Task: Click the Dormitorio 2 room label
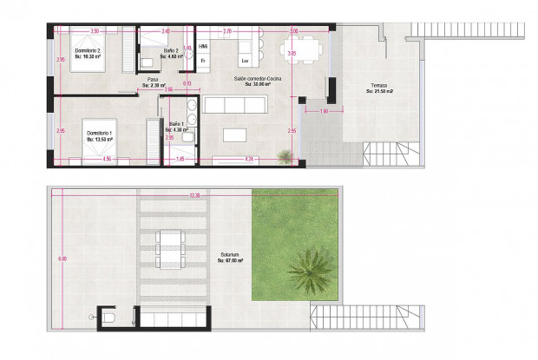coord(88,51)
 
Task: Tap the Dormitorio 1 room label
coord(98,133)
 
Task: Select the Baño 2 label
coord(171,51)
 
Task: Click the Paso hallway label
coord(152,80)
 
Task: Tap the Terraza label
coord(377,85)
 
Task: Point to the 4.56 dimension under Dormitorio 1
coord(106,160)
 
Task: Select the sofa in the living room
coord(233,105)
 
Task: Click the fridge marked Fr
coord(202,61)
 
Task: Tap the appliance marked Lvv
coord(245,61)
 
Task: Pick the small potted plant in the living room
coord(284,154)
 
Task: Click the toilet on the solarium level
coord(108,317)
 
